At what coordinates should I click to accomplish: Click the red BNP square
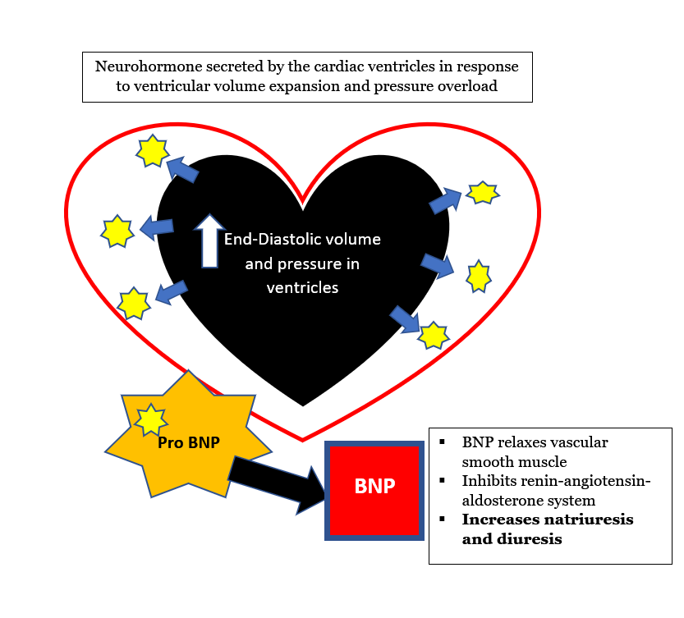374,489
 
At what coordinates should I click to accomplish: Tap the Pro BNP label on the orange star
188,442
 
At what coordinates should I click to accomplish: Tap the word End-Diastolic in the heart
264,240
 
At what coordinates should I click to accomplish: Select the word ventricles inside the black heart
302,288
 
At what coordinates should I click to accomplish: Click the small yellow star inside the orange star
150,420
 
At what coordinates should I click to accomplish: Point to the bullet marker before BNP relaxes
443,442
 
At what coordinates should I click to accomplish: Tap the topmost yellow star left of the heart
152,151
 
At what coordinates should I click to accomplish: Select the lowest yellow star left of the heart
132,303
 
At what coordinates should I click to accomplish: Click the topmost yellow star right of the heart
482,192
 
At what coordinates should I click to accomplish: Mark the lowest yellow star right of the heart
433,334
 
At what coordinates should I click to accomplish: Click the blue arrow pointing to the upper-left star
183,170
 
